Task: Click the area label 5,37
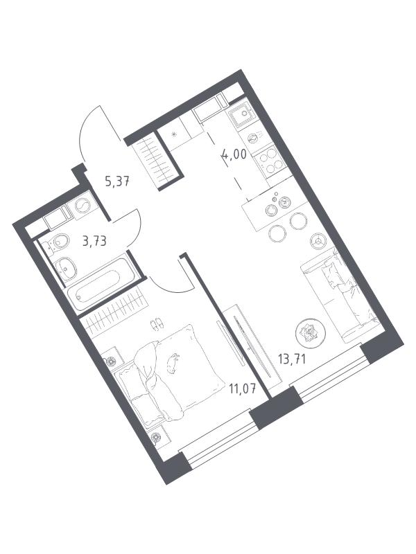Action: [117, 181]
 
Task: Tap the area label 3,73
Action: [94, 241]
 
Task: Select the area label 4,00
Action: [234, 154]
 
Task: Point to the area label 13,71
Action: [292, 359]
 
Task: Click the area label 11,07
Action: [242, 389]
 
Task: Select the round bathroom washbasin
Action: [65, 267]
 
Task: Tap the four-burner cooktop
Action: [271, 160]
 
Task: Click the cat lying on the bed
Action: [172, 363]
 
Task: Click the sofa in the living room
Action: [340, 295]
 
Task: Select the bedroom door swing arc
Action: [169, 289]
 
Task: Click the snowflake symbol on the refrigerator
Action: [174, 134]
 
